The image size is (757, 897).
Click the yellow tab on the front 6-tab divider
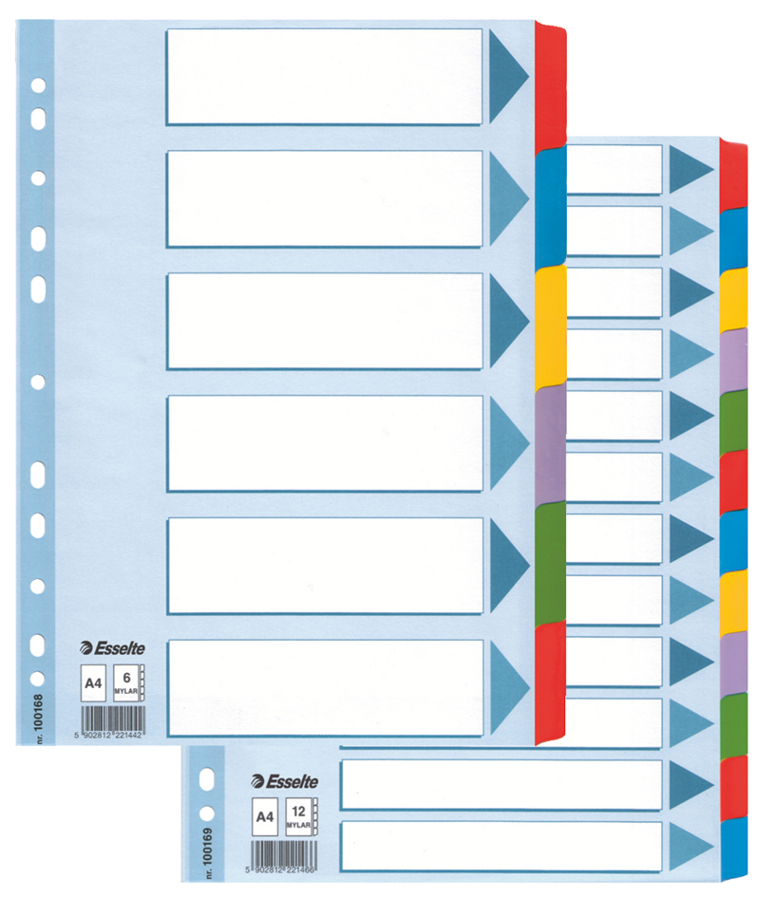click(x=551, y=326)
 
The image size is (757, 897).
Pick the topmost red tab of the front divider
click(x=551, y=85)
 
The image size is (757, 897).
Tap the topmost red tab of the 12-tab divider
click(x=733, y=173)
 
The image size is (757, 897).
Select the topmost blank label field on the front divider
click(x=325, y=76)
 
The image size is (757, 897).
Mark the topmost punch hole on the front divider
click(x=37, y=85)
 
